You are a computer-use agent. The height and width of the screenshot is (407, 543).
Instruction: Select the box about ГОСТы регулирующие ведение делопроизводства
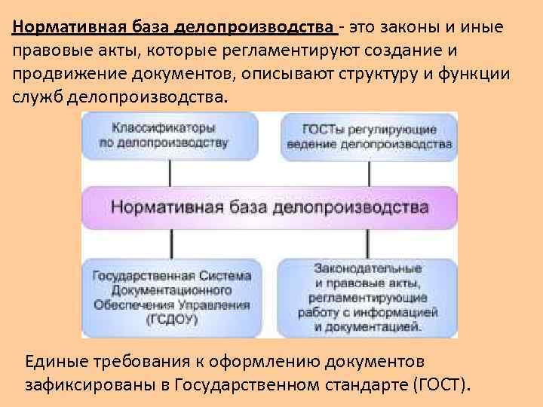369,136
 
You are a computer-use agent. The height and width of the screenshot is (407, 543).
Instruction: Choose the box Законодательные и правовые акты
367,298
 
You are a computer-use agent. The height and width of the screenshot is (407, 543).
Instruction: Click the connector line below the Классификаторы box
170,173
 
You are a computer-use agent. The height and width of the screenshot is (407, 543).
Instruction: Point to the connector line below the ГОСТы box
370,173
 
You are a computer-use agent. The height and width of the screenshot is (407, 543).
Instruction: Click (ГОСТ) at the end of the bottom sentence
442,386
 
